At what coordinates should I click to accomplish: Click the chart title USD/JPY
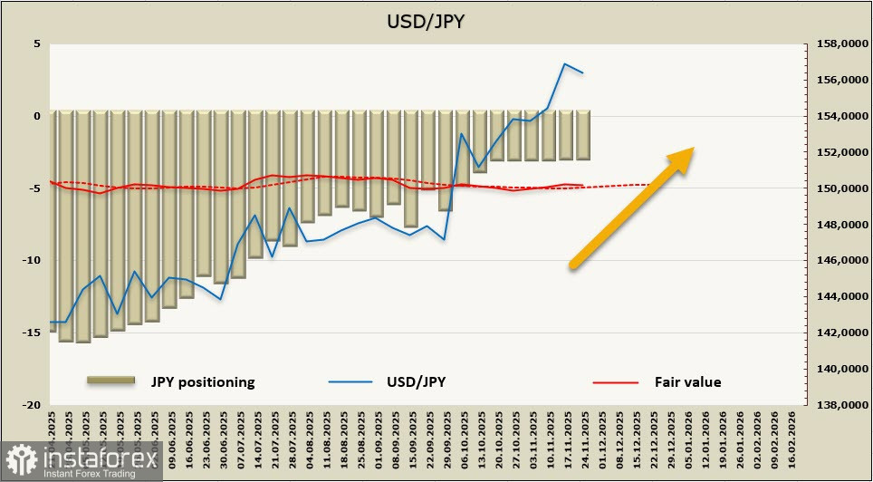pyautogui.click(x=426, y=21)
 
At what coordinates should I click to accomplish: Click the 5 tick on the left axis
pyautogui.click(x=37, y=43)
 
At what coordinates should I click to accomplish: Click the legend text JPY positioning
pyautogui.click(x=203, y=382)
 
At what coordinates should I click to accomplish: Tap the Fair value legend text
pyautogui.click(x=687, y=382)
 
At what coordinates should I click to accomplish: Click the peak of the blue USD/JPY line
pyautogui.click(x=565, y=63)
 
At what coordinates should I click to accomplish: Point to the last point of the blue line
pyautogui.click(x=582, y=72)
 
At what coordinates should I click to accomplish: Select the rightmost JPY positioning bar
pyautogui.click(x=582, y=135)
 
